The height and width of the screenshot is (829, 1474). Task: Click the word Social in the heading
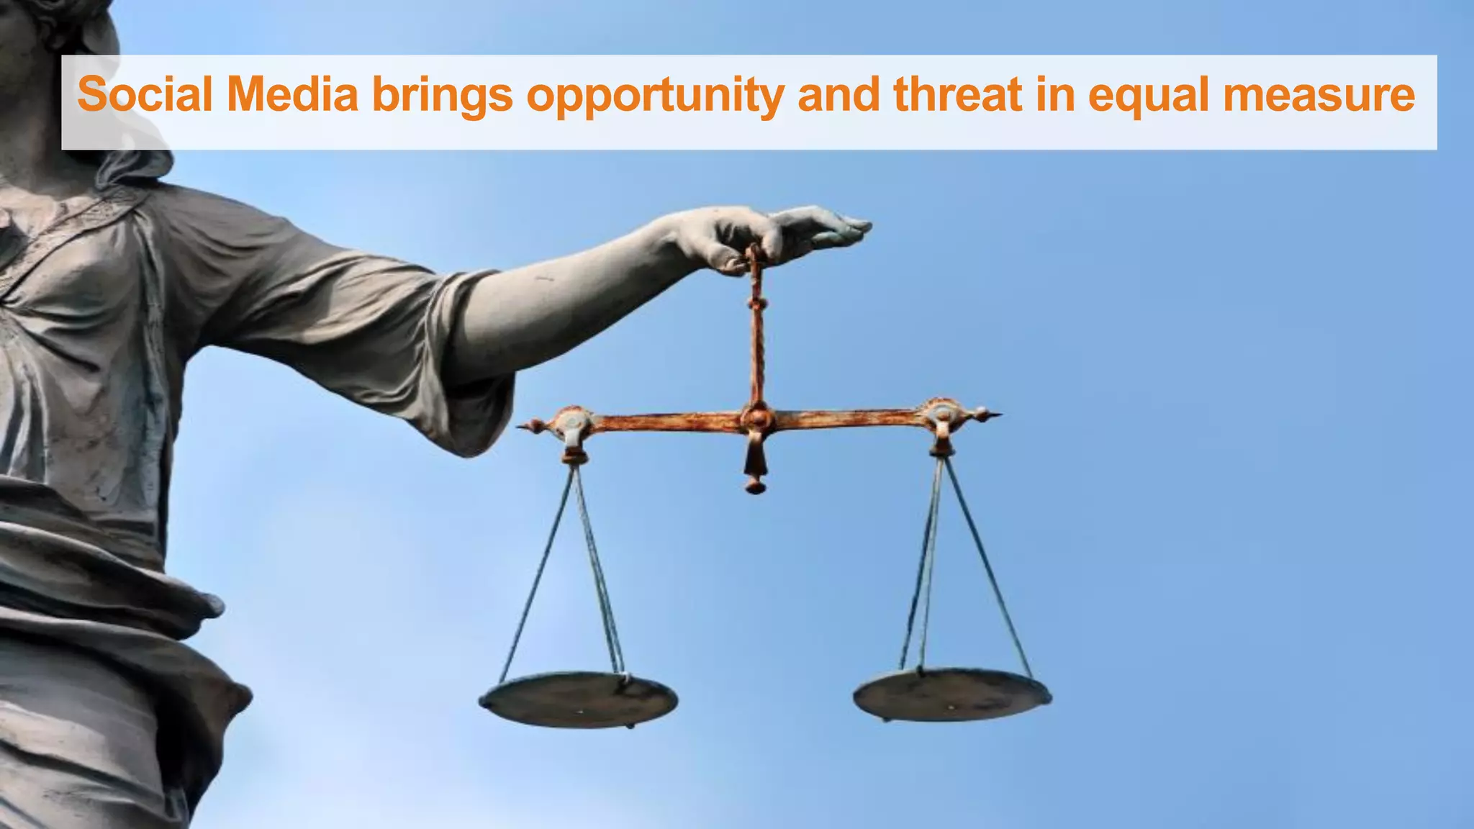(145, 94)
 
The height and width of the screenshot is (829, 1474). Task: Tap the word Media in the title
(292, 94)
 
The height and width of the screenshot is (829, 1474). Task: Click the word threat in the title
(957, 94)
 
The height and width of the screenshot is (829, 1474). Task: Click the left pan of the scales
(579, 699)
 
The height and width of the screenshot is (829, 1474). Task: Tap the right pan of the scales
(951, 694)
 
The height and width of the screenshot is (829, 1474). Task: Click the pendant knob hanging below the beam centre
(755, 486)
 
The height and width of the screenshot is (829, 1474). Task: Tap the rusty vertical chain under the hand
(756, 331)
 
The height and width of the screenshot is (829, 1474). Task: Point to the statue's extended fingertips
(860, 226)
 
